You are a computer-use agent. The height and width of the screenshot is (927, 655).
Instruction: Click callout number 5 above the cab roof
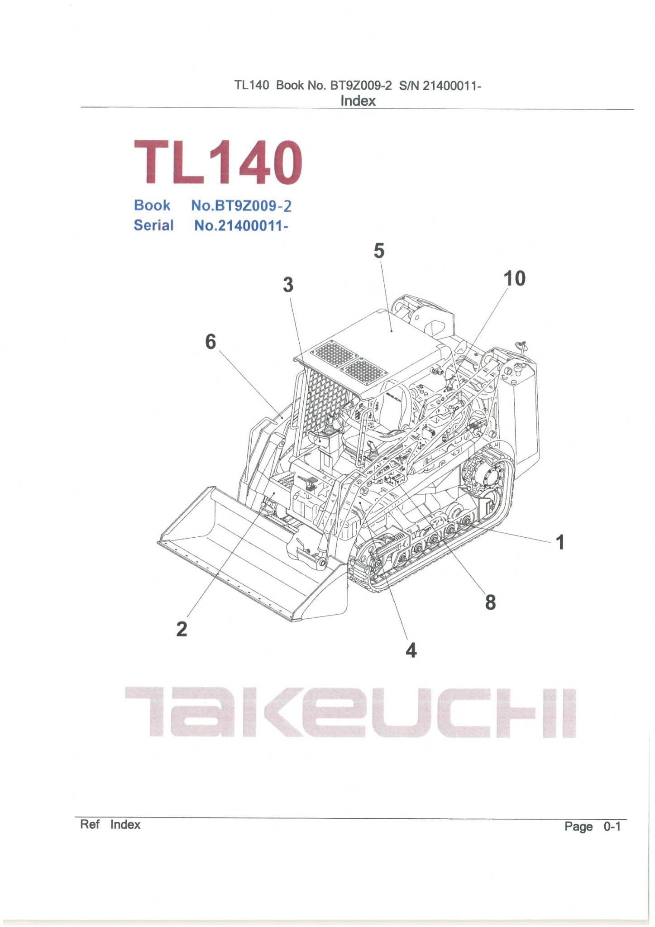(379, 251)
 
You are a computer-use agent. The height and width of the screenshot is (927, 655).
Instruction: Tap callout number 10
(515, 278)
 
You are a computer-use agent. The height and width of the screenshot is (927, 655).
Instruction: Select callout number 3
(288, 285)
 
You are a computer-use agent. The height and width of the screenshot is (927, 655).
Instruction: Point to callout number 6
(210, 341)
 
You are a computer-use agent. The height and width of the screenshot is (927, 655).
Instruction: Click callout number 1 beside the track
(560, 542)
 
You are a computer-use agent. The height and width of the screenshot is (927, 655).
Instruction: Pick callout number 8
(490, 602)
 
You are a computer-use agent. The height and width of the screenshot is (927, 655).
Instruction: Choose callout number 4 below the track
(411, 650)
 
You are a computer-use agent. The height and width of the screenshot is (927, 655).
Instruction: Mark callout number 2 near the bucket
(182, 629)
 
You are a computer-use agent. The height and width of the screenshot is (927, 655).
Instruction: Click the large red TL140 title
(218, 162)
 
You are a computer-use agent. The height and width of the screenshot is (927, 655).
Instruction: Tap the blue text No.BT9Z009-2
(241, 206)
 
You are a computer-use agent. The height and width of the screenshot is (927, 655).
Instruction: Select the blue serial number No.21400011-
(241, 225)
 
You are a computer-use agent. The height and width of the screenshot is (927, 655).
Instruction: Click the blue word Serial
(153, 225)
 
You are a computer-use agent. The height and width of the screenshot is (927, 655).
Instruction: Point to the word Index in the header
(358, 100)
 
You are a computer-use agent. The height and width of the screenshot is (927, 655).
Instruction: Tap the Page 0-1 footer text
(593, 827)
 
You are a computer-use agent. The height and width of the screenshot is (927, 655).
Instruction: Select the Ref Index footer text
(110, 824)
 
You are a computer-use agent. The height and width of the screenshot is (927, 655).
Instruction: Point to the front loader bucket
(253, 557)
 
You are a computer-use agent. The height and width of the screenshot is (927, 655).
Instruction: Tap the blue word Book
(152, 205)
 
